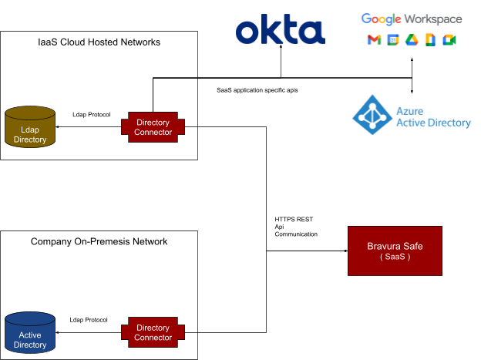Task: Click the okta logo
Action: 280,31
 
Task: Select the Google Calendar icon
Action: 392,40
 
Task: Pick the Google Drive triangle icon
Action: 412,40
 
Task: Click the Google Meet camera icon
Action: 449,40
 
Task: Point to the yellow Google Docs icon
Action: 430,40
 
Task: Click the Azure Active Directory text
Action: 432,116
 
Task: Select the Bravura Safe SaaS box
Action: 395,251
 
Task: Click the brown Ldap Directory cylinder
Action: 30,127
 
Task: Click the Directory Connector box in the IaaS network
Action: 153,127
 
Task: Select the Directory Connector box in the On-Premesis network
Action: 153,332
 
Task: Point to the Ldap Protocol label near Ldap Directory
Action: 91,115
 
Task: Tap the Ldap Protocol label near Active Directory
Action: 89,320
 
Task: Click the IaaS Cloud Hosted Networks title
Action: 99,42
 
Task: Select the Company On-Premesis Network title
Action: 99,241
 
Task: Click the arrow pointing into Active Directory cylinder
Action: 62,332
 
